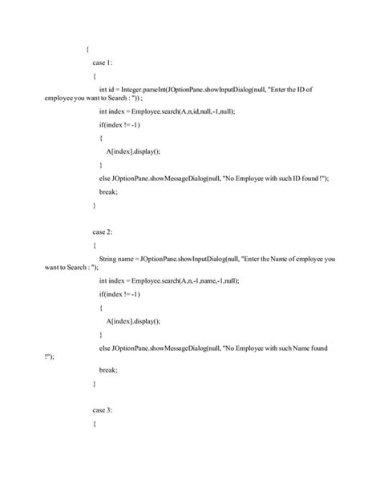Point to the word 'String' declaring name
tap(109, 260)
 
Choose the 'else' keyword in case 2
tap(104, 349)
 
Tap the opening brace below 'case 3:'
tap(95, 422)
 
